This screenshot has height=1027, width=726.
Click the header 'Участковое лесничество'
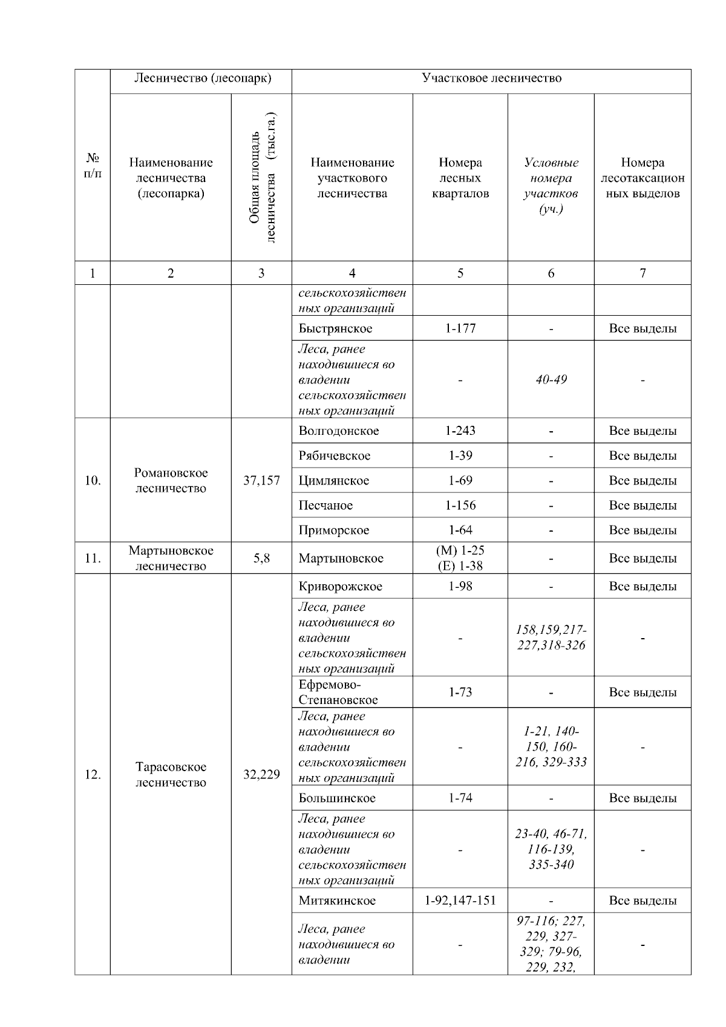(x=491, y=79)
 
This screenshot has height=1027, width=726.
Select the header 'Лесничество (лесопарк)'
(x=202, y=79)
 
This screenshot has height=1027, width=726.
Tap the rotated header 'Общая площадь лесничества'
(x=262, y=177)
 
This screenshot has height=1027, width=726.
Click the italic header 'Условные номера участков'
(x=551, y=186)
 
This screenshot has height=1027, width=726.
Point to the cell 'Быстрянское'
(x=335, y=328)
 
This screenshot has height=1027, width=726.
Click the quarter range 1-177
(x=460, y=328)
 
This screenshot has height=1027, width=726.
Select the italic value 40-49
(x=551, y=380)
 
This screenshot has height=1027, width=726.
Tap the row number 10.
(x=93, y=481)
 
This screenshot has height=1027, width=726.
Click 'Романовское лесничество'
(x=171, y=481)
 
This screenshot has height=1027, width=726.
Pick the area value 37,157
(x=261, y=481)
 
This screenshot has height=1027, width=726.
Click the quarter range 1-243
(x=460, y=431)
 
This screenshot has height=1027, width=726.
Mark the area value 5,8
(x=261, y=558)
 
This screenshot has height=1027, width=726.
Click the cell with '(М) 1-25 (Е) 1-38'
(x=460, y=558)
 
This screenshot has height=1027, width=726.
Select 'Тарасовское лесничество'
(x=171, y=775)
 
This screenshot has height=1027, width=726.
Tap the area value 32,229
(x=261, y=775)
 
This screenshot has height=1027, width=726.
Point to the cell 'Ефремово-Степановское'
(x=338, y=693)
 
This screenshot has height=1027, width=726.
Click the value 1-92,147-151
(x=460, y=901)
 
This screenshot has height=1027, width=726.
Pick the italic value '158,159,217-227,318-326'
(x=551, y=637)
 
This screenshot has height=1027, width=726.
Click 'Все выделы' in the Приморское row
(x=643, y=530)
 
